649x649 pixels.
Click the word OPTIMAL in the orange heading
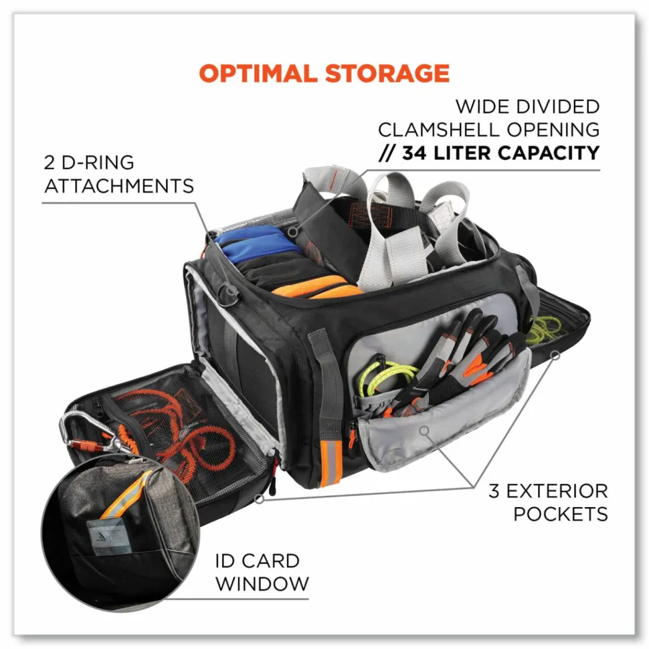(258, 73)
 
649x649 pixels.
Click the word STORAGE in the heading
(387, 73)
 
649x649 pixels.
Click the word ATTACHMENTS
(119, 186)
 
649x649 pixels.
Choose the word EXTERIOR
(557, 491)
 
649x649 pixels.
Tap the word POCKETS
(561, 515)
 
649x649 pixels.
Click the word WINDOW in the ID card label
(262, 584)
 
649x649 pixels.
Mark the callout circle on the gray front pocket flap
(424, 431)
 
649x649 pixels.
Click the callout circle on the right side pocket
(556, 355)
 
